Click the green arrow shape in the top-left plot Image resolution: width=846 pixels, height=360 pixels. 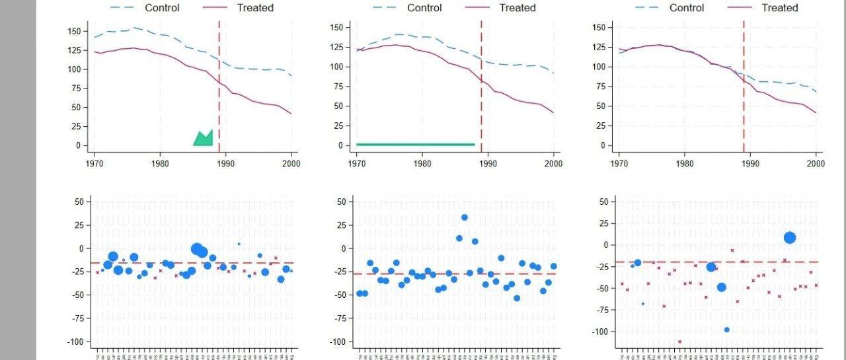tap(204, 138)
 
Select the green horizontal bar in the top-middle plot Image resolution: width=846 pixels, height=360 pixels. tap(416, 144)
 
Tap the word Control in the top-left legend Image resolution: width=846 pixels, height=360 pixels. tap(161, 8)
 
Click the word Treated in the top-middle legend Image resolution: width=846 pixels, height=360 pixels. tap(518, 8)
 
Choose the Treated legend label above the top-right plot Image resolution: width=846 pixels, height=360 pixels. tap(780, 8)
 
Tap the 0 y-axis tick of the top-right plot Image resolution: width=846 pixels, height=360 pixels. tap(604, 145)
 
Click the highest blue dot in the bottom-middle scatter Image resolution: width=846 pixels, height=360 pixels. tap(465, 217)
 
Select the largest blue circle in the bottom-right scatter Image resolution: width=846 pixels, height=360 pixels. tap(789, 238)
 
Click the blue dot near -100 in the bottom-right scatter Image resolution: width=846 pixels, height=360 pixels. tap(726, 330)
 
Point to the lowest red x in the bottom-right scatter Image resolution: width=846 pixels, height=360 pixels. tap(679, 342)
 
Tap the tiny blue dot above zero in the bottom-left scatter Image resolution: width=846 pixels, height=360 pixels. tap(239, 244)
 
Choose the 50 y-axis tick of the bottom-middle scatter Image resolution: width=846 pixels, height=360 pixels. tap(341, 201)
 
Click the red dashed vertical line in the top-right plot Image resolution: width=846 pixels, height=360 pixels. tap(744, 86)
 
